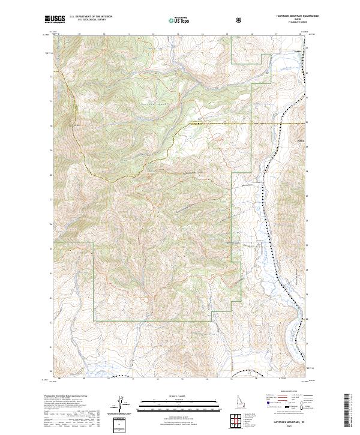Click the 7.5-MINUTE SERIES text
click(x=297, y=23)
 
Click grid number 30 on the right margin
click(x=308, y=123)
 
